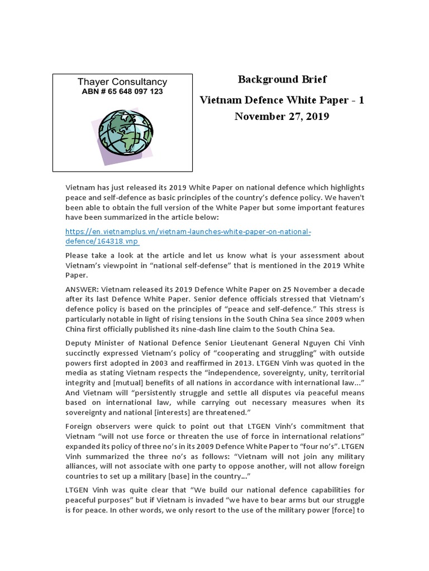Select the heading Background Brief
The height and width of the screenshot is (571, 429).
tap(282, 79)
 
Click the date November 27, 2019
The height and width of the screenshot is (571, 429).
tap(282, 117)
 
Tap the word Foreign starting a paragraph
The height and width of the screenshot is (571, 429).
tap(79, 425)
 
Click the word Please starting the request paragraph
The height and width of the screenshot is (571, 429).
tap(78, 255)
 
